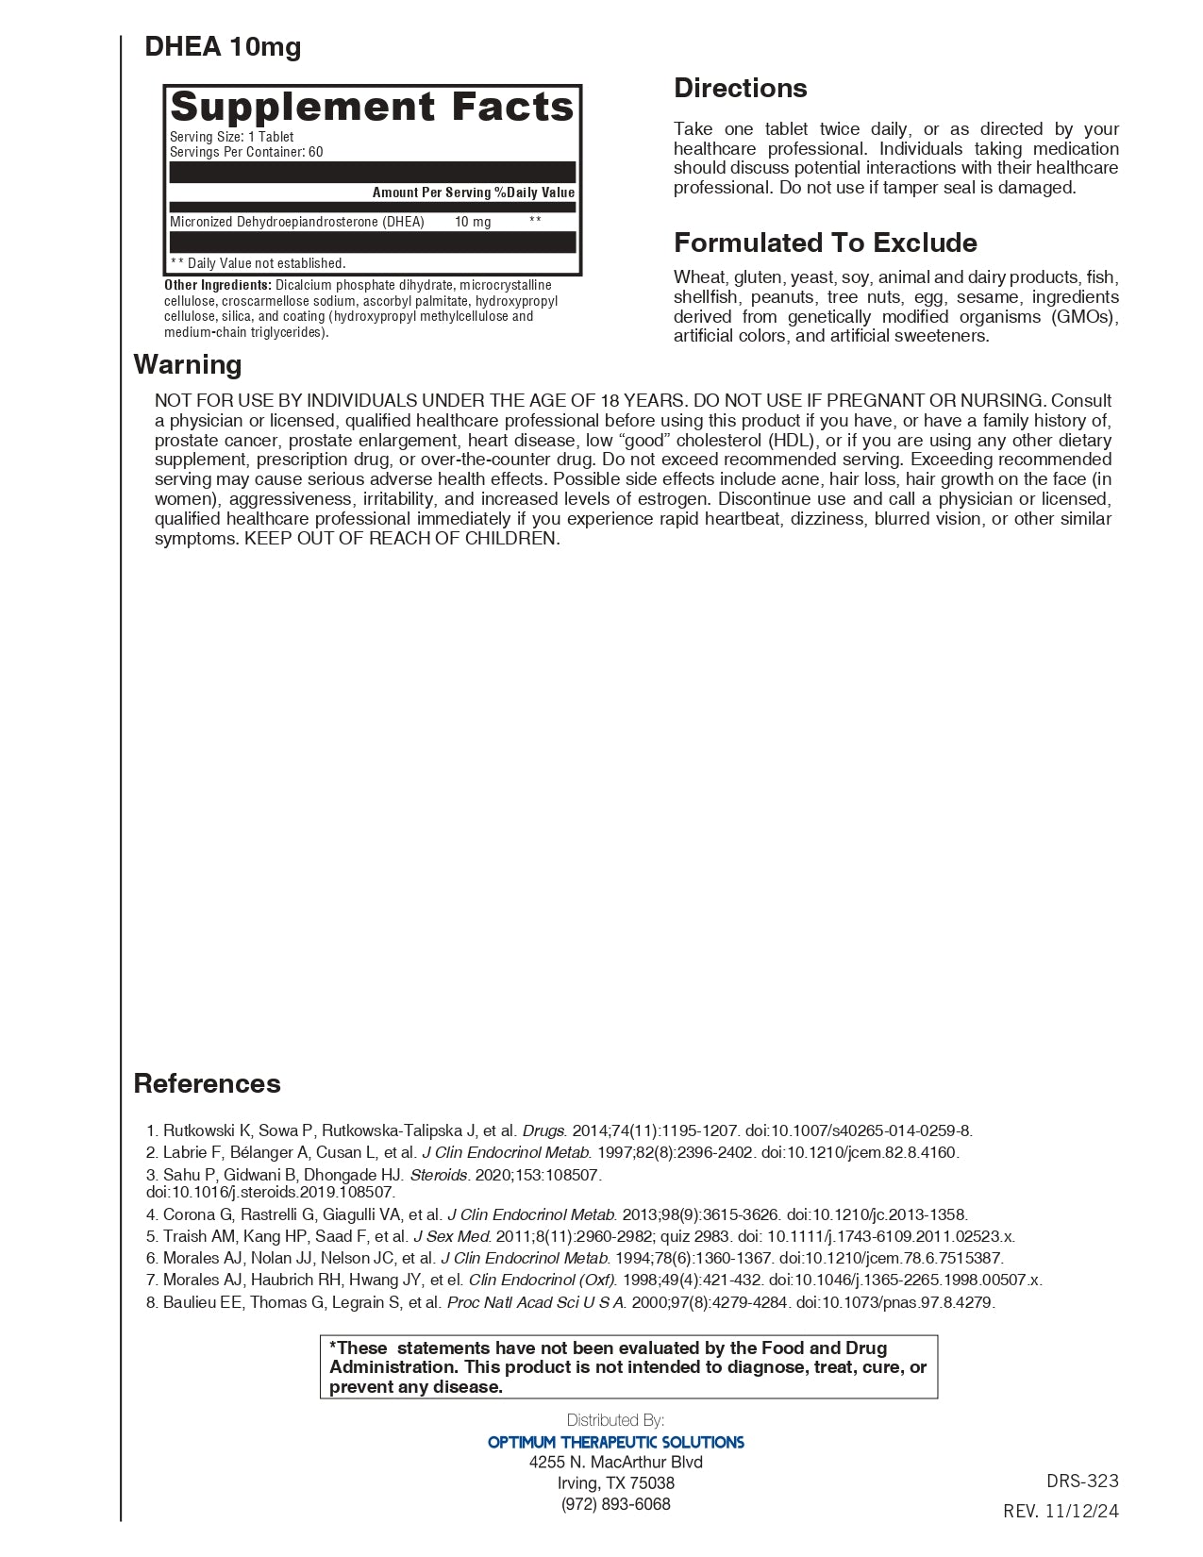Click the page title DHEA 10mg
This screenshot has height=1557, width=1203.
pyautogui.click(x=223, y=46)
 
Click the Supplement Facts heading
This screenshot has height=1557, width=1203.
pyautogui.click(x=372, y=107)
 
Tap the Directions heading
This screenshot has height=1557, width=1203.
pyautogui.click(x=740, y=88)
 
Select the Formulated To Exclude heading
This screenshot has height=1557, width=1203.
pyautogui.click(x=825, y=243)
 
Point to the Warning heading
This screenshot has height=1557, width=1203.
pyautogui.click(x=188, y=364)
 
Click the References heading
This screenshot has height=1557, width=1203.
pyautogui.click(x=207, y=1082)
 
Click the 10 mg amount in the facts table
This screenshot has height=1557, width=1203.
pyautogui.click(x=473, y=222)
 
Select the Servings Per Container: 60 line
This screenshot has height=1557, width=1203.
pyautogui.click(x=246, y=152)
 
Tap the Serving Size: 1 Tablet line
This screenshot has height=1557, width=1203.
pyautogui.click(x=231, y=137)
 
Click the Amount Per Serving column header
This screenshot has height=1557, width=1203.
pyautogui.click(x=431, y=193)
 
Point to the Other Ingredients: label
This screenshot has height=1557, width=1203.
pyautogui.click(x=218, y=285)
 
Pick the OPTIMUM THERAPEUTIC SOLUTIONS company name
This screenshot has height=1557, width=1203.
pyautogui.click(x=615, y=1442)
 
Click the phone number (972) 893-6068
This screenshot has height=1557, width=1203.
pyautogui.click(x=615, y=1504)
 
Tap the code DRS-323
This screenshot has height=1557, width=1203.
pyautogui.click(x=1082, y=1481)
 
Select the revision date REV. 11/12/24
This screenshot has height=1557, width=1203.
pyautogui.click(x=1061, y=1511)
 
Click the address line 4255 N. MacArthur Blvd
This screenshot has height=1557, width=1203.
pyautogui.click(x=615, y=1462)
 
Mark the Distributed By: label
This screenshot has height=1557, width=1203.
pyautogui.click(x=615, y=1420)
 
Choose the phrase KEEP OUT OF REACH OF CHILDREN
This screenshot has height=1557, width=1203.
pyautogui.click(x=402, y=539)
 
